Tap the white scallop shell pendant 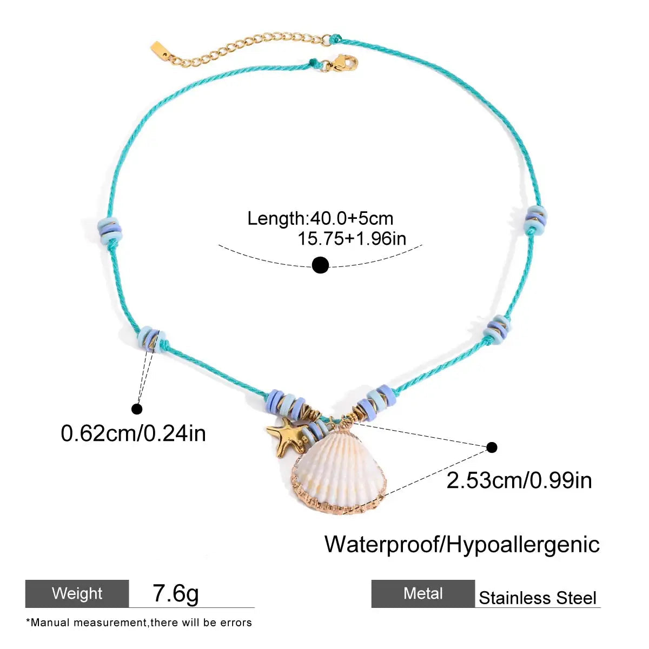pyautogui.click(x=339, y=470)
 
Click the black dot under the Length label pyautogui.click(x=320, y=265)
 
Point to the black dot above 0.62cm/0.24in pyautogui.click(x=137, y=409)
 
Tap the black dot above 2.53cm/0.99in pyautogui.click(x=492, y=447)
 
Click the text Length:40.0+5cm pyautogui.click(x=320, y=218)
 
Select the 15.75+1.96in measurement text pyautogui.click(x=352, y=238)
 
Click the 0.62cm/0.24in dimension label pyautogui.click(x=133, y=433)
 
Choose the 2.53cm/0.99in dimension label pyautogui.click(x=519, y=480)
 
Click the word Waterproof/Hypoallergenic pyautogui.click(x=462, y=544)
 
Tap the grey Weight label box pyautogui.click(x=77, y=593)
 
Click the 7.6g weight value pyautogui.click(x=176, y=593)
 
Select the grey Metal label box pyautogui.click(x=423, y=593)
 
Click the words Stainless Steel pyautogui.click(x=538, y=598)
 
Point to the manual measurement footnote pyautogui.click(x=139, y=623)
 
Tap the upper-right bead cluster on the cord pyautogui.click(x=535, y=219)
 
